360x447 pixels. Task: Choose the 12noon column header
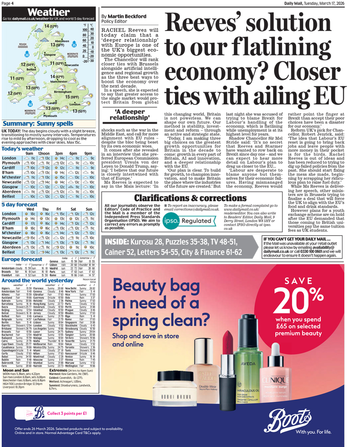coord(44,153)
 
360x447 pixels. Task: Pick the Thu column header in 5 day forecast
coord(45,210)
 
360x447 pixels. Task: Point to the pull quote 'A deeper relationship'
coord(129,116)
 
